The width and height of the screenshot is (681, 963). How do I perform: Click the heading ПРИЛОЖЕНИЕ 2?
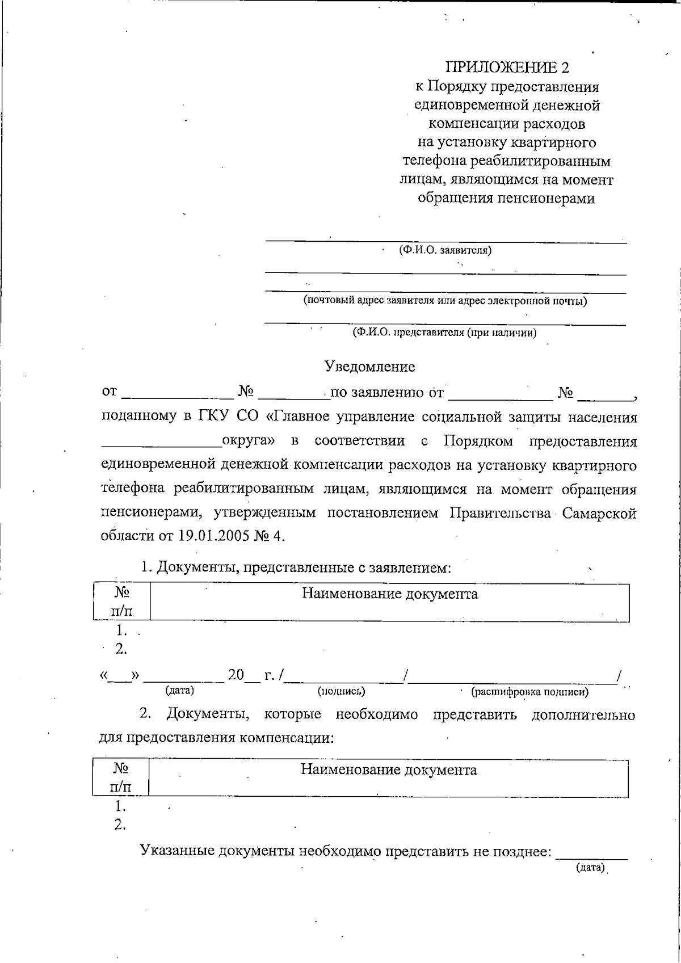click(x=507, y=68)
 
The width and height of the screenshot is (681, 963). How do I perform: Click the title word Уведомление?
click(x=369, y=367)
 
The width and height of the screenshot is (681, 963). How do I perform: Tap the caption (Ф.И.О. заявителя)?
click(x=445, y=250)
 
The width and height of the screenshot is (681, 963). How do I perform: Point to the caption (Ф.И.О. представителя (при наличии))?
click(x=444, y=333)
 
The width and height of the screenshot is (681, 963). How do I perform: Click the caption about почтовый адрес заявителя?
click(x=445, y=301)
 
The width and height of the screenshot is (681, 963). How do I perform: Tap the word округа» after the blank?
click(x=249, y=441)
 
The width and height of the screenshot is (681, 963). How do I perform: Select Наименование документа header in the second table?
click(x=389, y=770)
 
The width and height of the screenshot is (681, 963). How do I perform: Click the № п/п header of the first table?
click(x=121, y=602)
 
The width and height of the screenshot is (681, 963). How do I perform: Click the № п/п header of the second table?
click(x=120, y=778)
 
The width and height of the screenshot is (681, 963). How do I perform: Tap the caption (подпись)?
click(x=341, y=691)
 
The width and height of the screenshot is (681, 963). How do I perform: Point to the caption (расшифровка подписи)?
click(x=530, y=692)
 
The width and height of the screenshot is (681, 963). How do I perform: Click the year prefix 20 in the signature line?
click(x=236, y=675)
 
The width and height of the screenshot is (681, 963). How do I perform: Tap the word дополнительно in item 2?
click(x=583, y=714)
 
